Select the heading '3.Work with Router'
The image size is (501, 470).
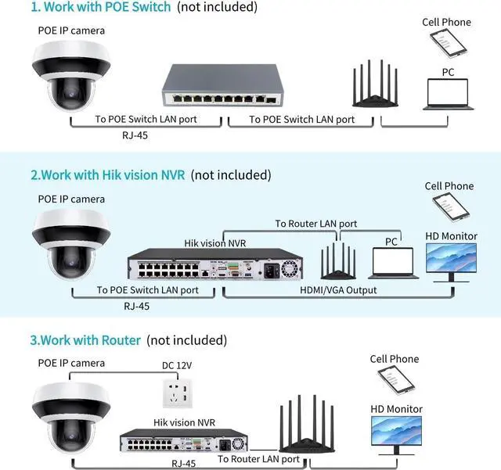coord(85,340)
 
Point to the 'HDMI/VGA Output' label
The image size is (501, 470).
coord(340,290)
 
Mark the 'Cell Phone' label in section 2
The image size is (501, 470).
coord(449,186)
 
